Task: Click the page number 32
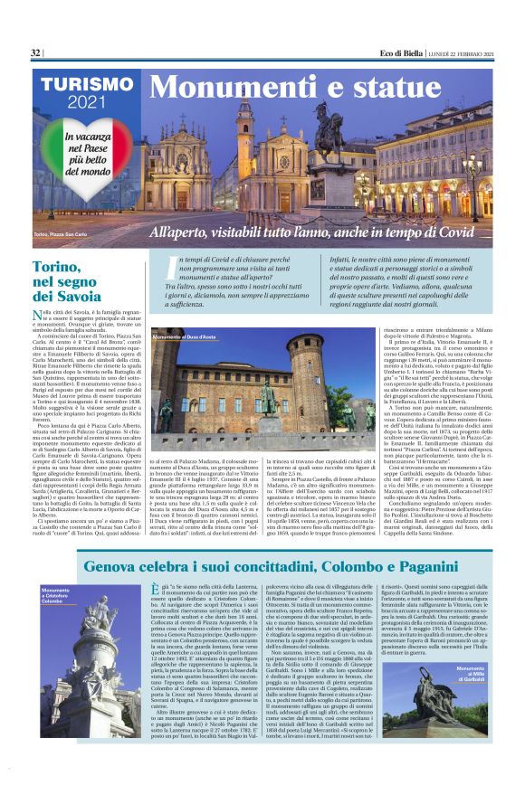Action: (x=35, y=53)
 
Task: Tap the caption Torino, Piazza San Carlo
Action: (x=66, y=234)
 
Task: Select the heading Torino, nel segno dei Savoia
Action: (x=68, y=281)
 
